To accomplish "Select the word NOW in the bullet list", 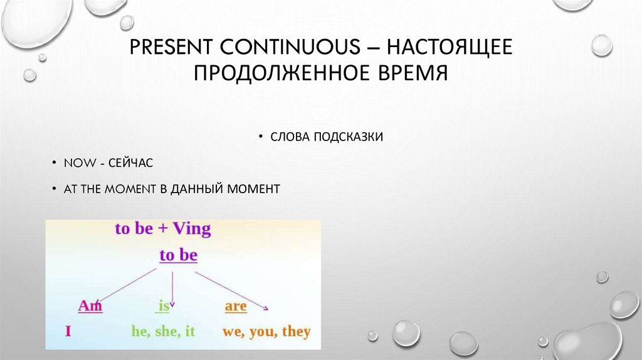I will point(76,162).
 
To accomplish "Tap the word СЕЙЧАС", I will point(130,162).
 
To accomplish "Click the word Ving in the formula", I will point(192,229).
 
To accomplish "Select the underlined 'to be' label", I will point(178,255).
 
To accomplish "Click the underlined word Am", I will point(90,306).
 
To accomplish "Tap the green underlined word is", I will point(164,306).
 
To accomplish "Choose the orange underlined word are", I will point(235,307).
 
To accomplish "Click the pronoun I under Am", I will point(68,331).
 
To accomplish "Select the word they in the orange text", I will point(296,331).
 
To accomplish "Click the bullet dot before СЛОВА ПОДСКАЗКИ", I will point(260,137).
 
